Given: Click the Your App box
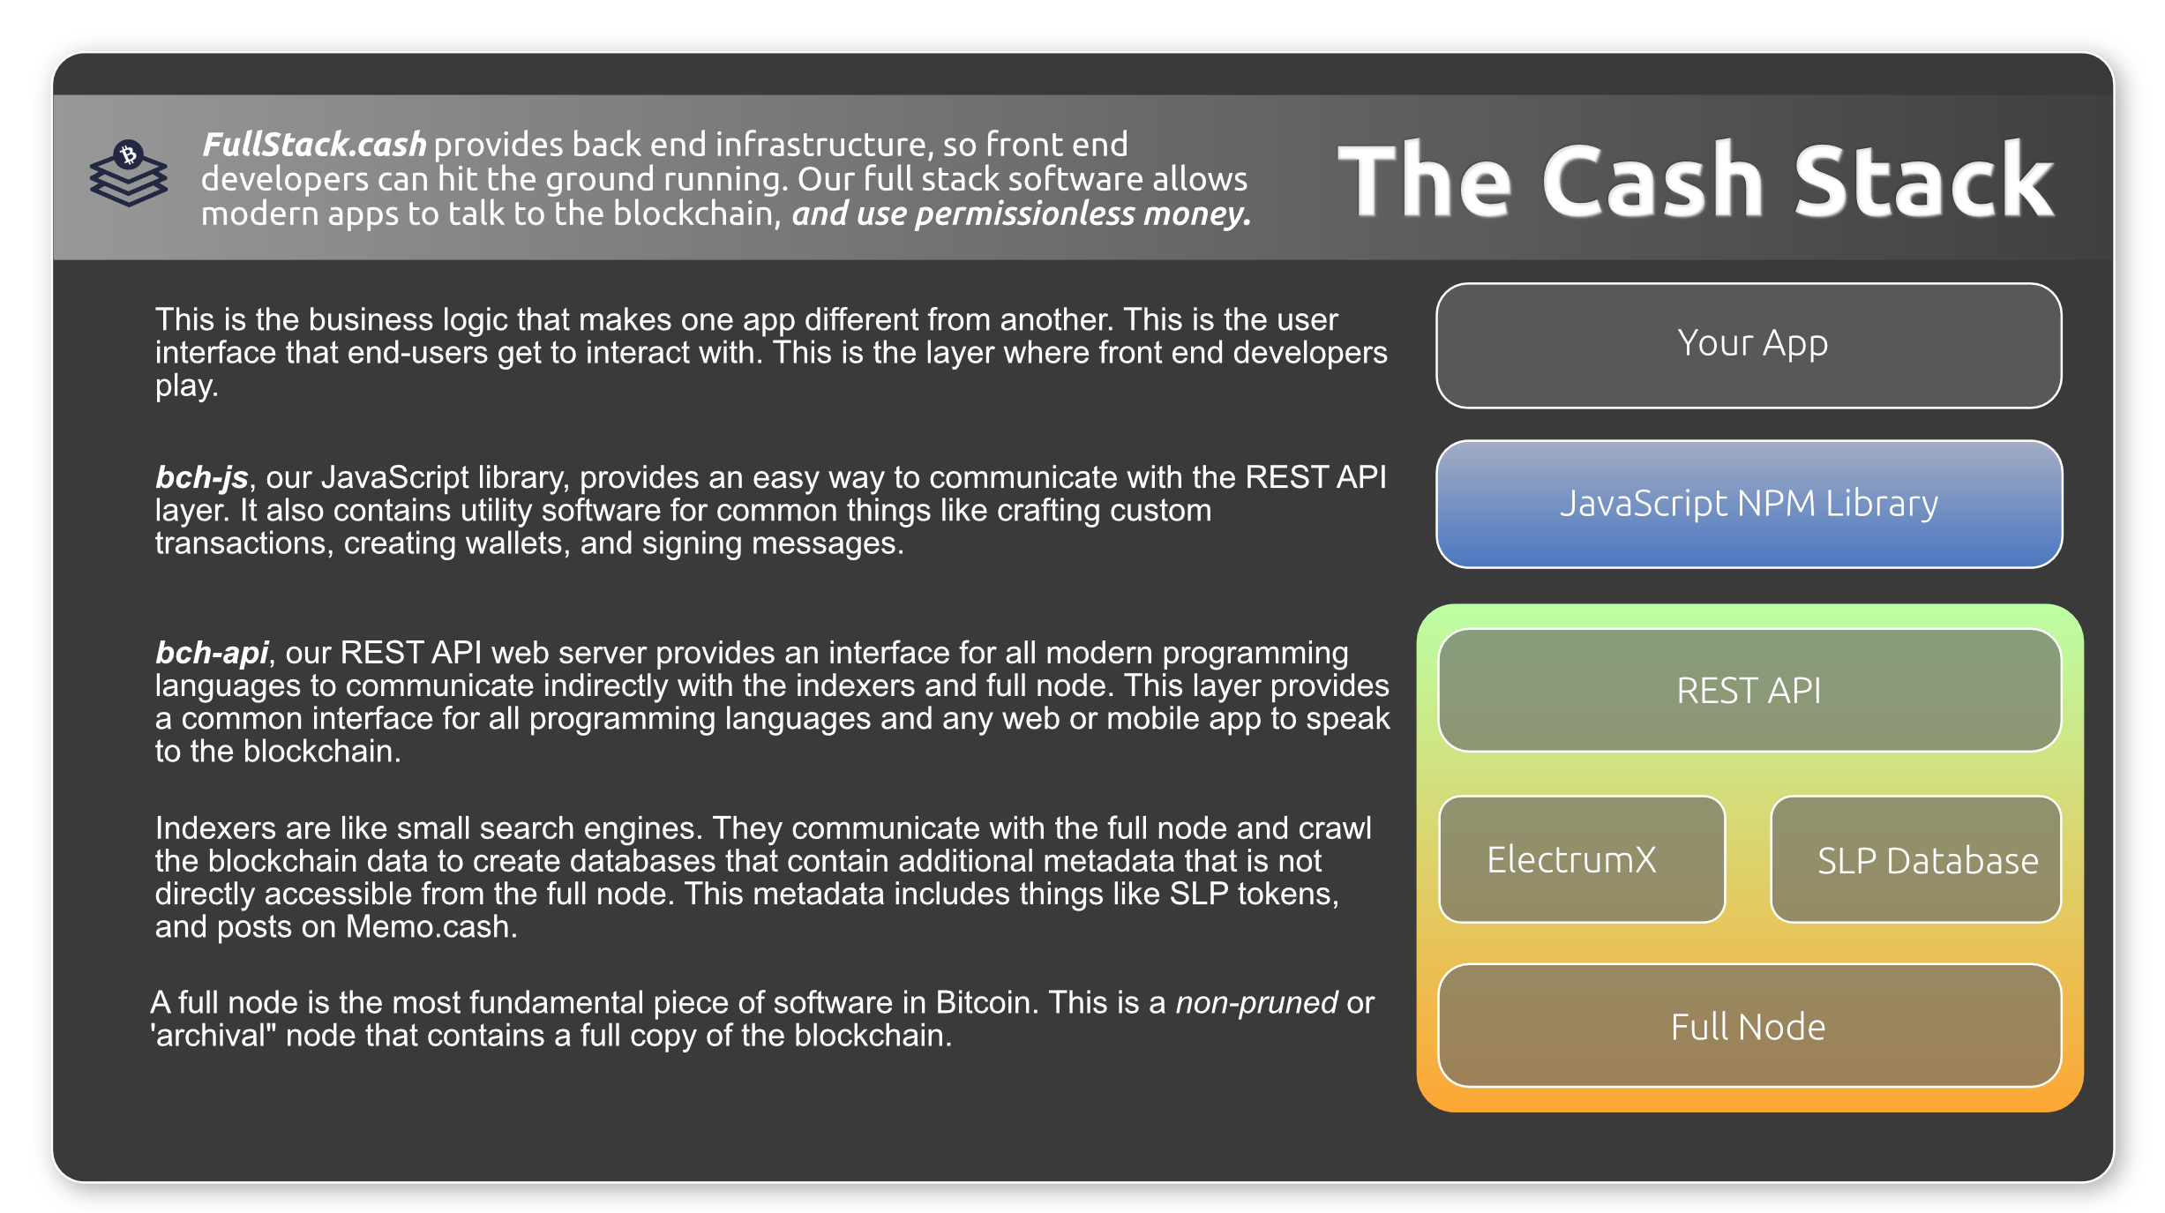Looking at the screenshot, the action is [x=1749, y=345].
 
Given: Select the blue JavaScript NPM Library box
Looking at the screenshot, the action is [x=1749, y=504].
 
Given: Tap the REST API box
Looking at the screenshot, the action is [x=1749, y=690].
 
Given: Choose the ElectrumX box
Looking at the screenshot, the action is [x=1582, y=859].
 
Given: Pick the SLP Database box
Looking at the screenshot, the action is [x=1916, y=859].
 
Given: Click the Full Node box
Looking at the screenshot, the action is [x=1749, y=1025].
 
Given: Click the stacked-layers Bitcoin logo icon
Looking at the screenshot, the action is [x=129, y=173].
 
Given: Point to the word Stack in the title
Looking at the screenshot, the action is [x=1924, y=180].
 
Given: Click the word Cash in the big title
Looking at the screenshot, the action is [x=1652, y=180].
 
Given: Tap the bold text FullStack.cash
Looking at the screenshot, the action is [x=314, y=145].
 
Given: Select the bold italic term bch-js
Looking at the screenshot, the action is [x=202, y=478].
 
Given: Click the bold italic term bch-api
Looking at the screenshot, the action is [x=212, y=653].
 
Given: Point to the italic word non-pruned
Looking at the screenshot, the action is [x=1257, y=1003].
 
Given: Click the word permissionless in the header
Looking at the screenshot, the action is [x=1025, y=214].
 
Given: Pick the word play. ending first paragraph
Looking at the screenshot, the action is [x=186, y=386].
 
